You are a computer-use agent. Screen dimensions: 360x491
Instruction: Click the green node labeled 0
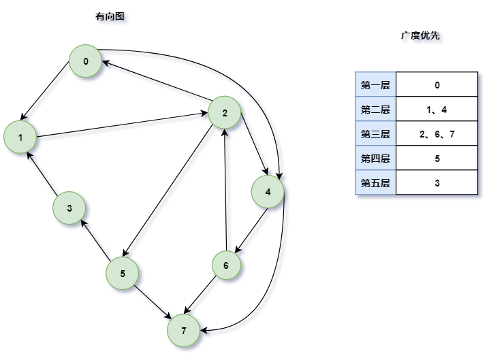(x=86, y=62)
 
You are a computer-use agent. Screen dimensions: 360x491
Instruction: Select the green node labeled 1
(x=21, y=137)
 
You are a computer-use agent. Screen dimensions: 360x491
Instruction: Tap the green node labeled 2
(x=225, y=113)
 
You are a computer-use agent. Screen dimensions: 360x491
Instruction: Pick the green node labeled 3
(x=69, y=208)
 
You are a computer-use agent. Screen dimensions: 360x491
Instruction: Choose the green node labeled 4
(x=268, y=192)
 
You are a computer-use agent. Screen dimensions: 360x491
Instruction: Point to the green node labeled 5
(x=123, y=274)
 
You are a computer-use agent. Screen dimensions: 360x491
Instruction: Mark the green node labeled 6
(x=225, y=265)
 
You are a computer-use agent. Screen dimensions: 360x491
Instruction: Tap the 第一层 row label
(x=375, y=85)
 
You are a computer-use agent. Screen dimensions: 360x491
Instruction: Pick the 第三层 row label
(x=375, y=134)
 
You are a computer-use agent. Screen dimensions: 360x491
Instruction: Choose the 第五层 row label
(x=375, y=182)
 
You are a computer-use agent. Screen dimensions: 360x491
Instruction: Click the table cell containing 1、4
(x=437, y=110)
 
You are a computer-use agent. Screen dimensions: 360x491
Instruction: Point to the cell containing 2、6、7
(x=437, y=134)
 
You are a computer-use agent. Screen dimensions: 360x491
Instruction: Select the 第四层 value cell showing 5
(x=437, y=159)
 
